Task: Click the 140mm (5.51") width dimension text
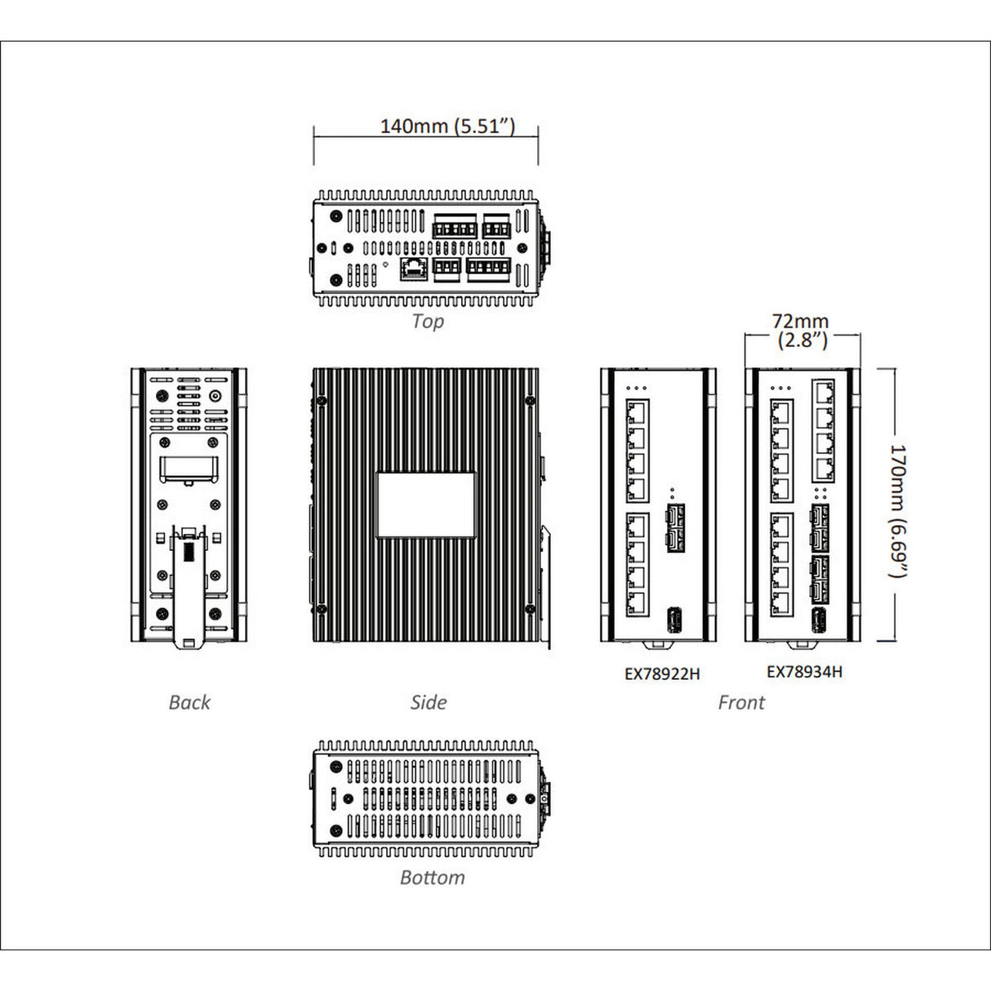[447, 126]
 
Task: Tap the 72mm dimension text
[801, 322]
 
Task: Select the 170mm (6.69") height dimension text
[897, 511]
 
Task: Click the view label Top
[428, 321]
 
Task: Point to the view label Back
[189, 702]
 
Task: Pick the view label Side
[429, 702]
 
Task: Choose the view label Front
[741, 702]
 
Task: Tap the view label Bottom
[432, 878]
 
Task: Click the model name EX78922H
[662, 674]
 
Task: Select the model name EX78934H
[804, 672]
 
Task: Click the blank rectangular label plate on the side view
[426, 504]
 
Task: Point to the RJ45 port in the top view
[415, 269]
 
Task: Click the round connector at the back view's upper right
[216, 398]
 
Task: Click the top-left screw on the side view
[322, 401]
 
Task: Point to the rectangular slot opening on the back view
[189, 469]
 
